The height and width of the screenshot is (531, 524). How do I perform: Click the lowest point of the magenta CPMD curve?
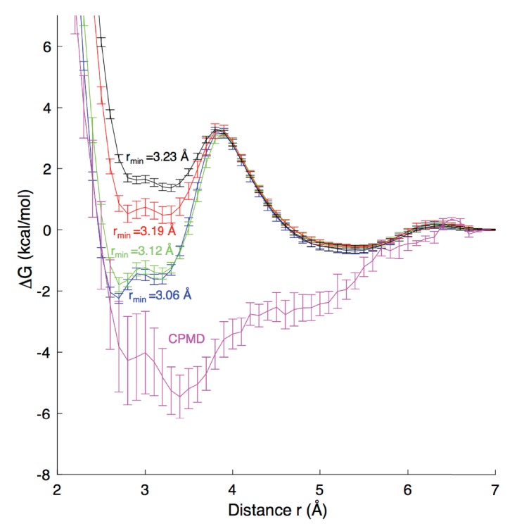coord(179,396)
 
